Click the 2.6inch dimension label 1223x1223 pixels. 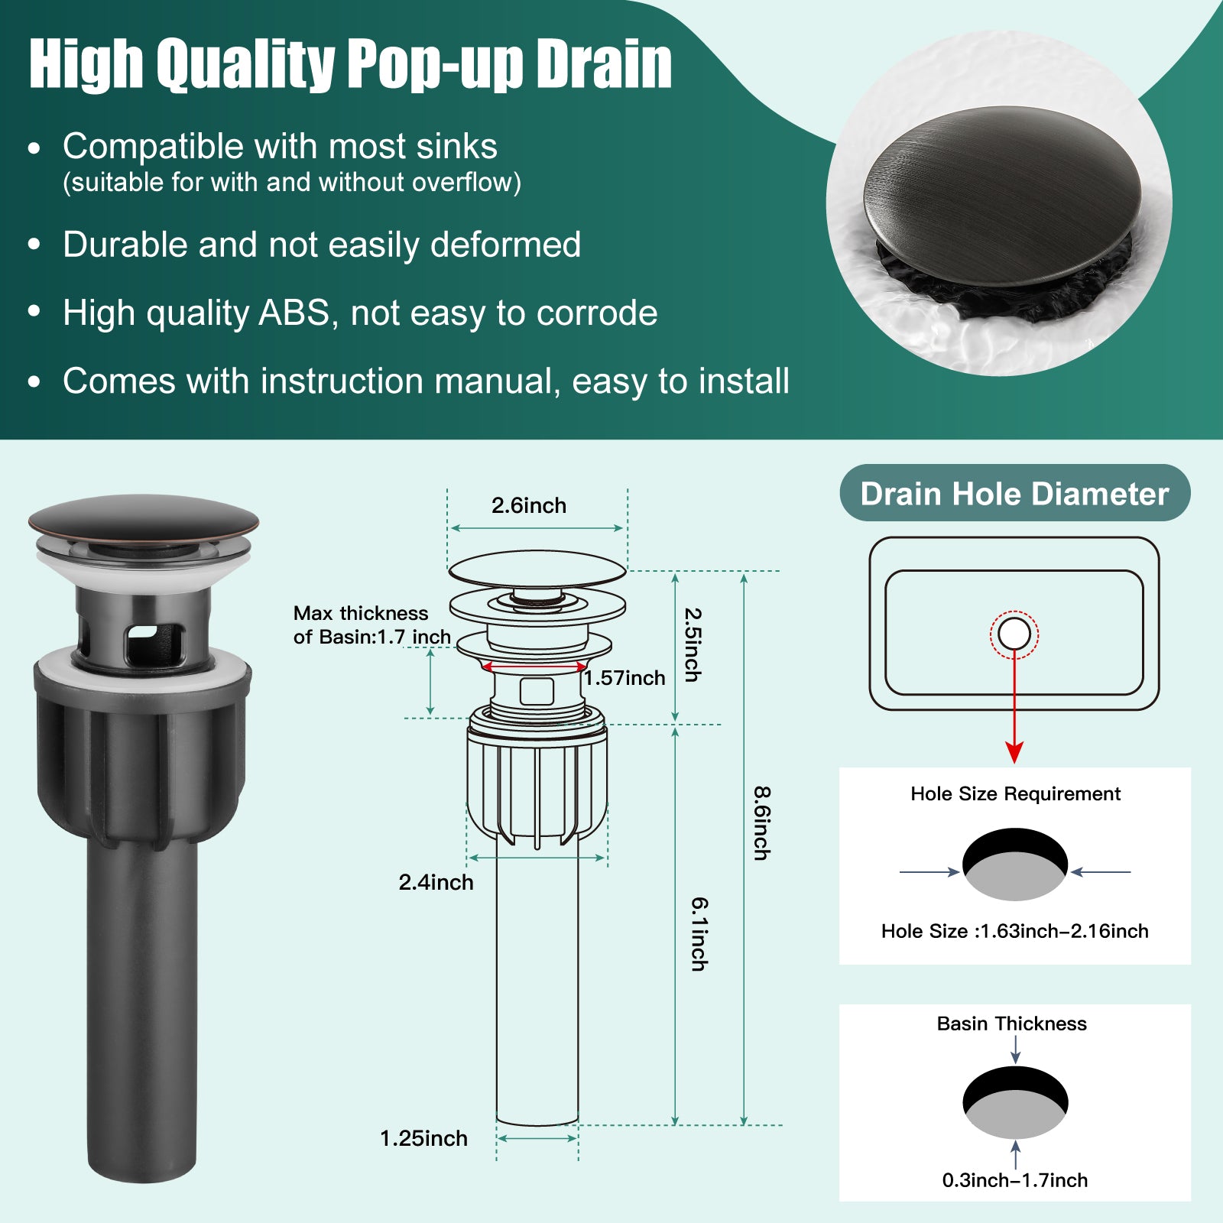(529, 505)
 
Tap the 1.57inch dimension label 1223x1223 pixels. (624, 678)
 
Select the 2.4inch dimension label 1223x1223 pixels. (436, 882)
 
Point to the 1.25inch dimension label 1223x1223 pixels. (423, 1138)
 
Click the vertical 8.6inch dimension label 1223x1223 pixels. (762, 823)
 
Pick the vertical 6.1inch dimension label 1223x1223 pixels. (699, 934)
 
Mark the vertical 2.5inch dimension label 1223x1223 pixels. (692, 644)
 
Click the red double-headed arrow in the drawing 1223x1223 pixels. (534, 667)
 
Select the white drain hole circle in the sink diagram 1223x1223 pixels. (1014, 634)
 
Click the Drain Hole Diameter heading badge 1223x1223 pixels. (1015, 493)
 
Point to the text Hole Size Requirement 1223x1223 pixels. (1015, 794)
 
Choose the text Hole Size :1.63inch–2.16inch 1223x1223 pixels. (1015, 931)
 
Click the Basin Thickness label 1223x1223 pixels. (1012, 1023)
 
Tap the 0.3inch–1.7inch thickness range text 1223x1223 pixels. (1015, 1180)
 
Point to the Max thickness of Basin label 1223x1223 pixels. (371, 625)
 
